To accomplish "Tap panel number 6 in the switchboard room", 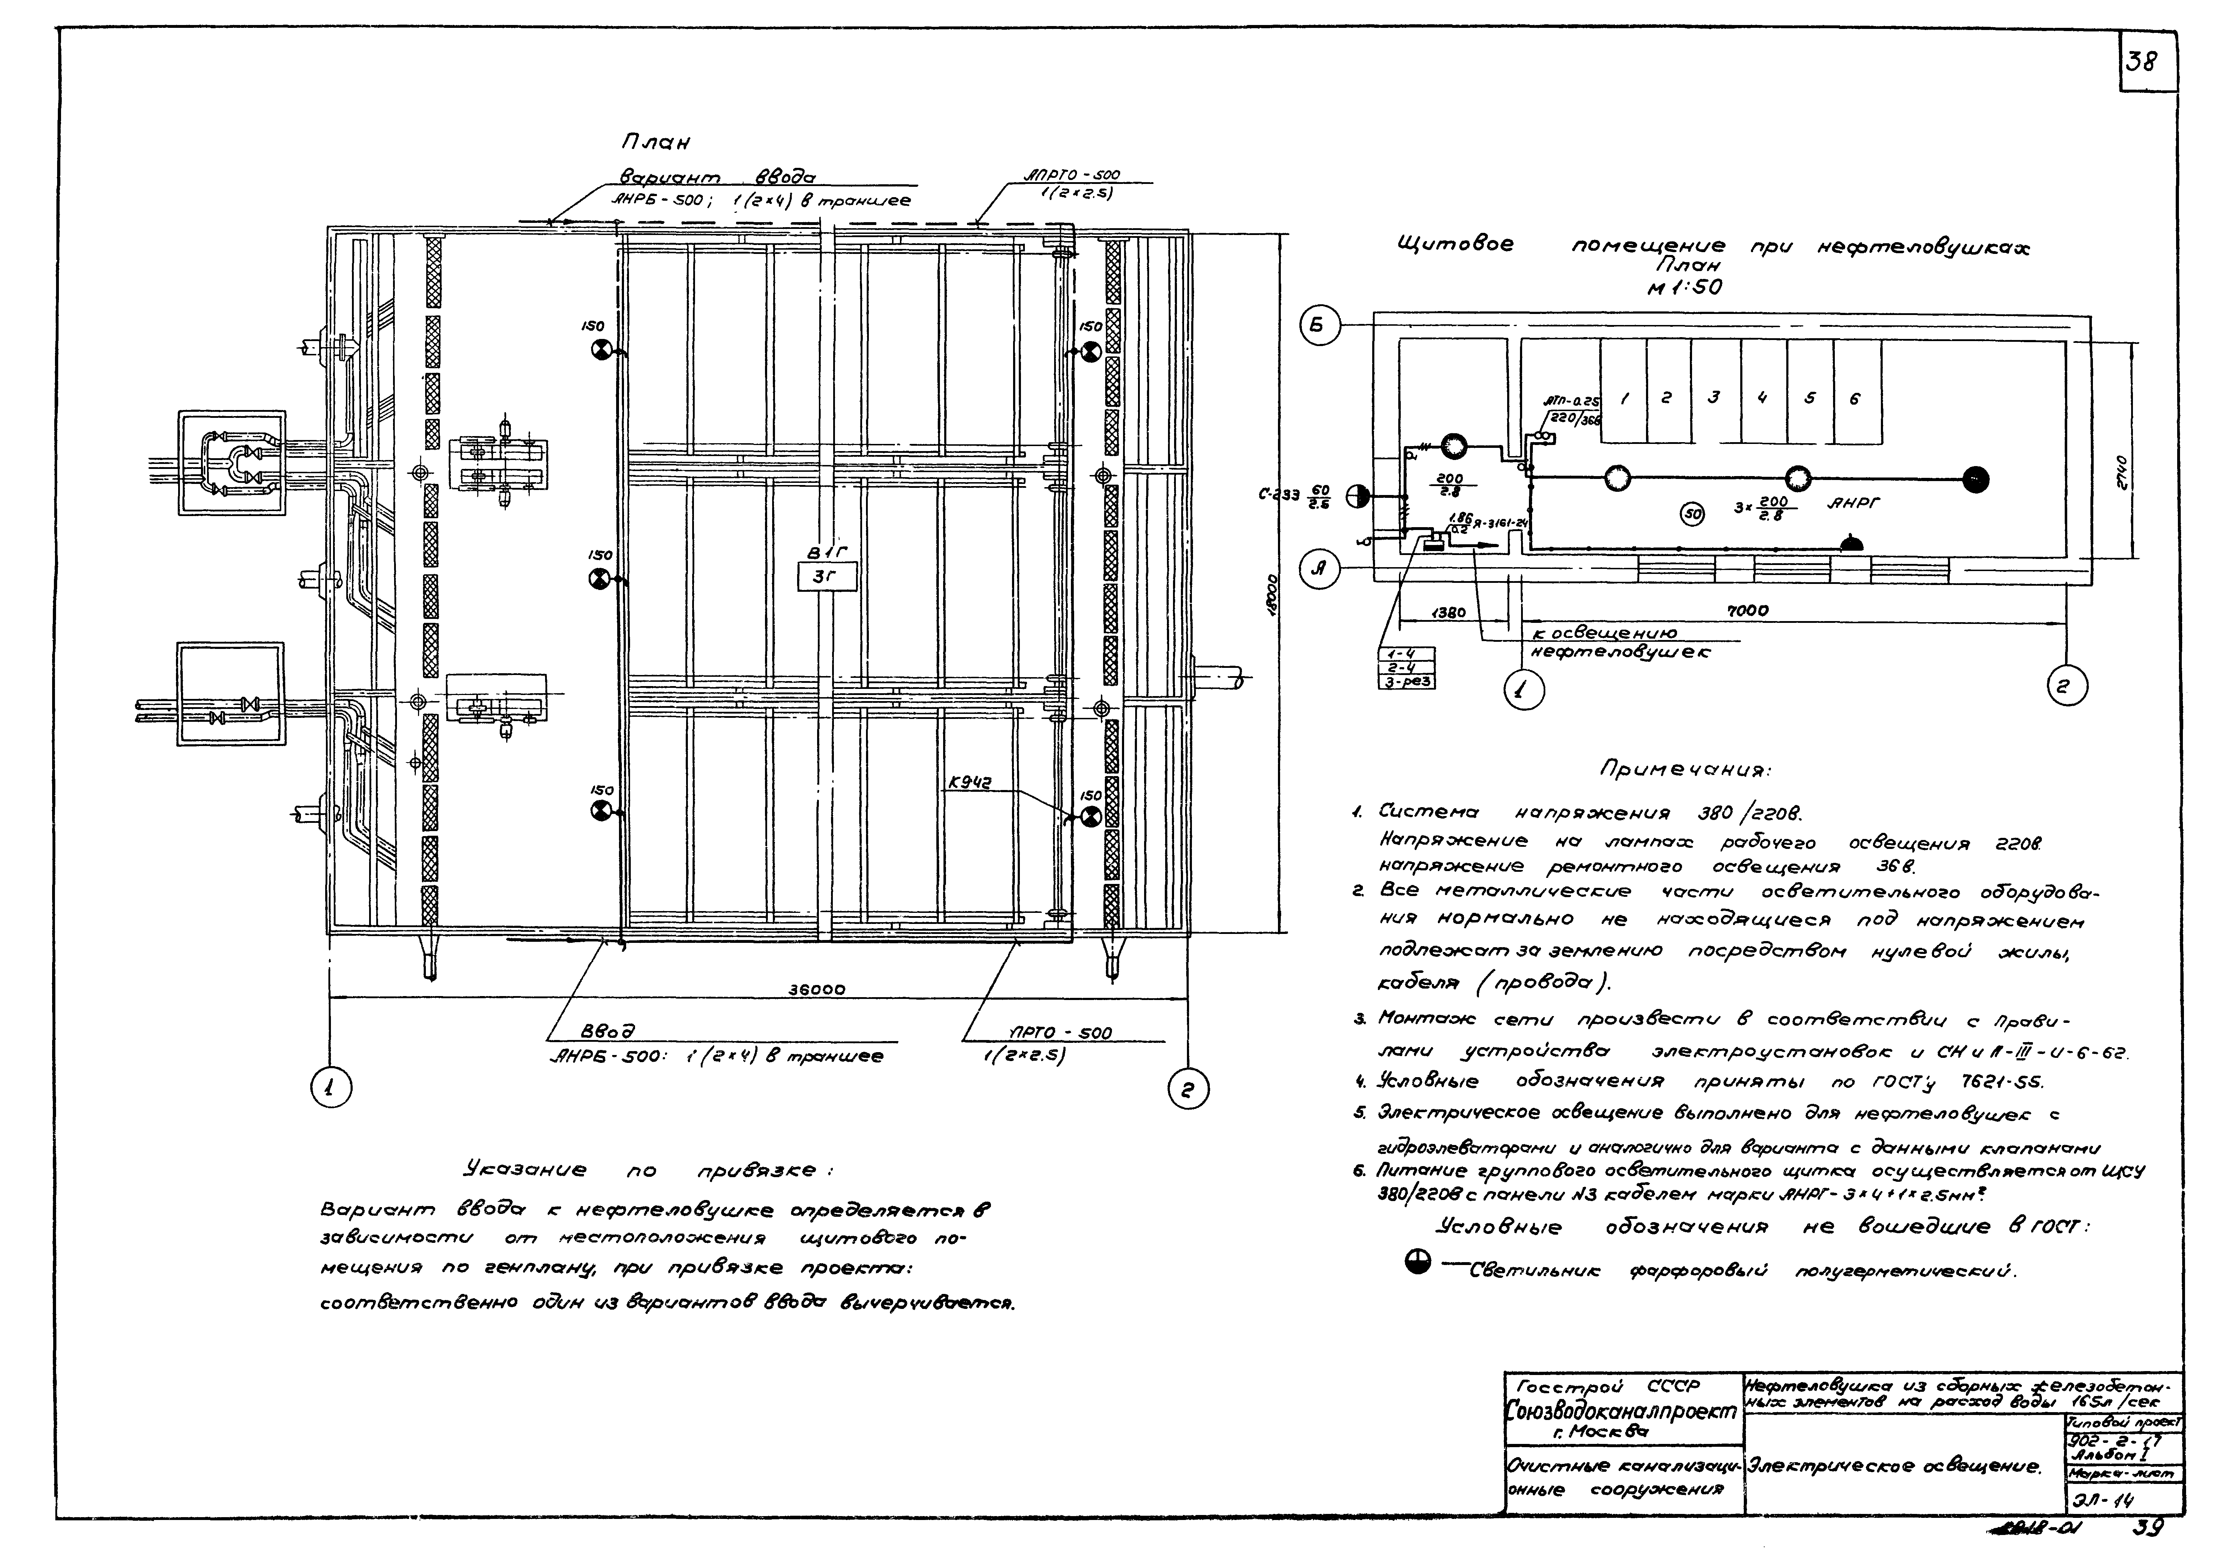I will tap(1855, 398).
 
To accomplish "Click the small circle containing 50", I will tap(1692, 515).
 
